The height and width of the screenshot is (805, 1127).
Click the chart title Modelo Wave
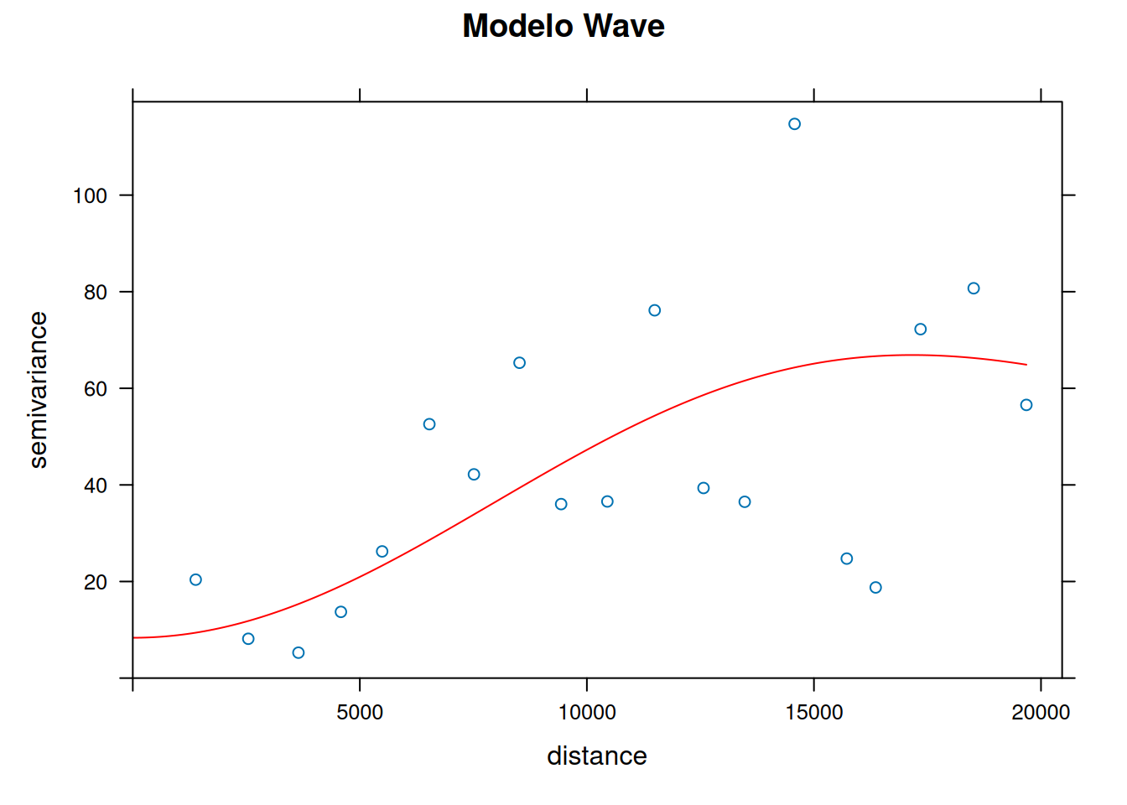tap(563, 26)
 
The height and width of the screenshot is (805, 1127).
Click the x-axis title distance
tap(596, 756)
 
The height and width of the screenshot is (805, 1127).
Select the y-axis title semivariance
tap(38, 390)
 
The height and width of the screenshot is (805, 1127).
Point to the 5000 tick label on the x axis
tap(359, 713)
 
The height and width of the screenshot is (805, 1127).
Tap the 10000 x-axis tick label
tap(586, 713)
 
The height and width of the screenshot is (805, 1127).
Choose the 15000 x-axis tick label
tap(813, 713)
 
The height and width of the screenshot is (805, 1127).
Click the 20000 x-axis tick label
tap(1041, 713)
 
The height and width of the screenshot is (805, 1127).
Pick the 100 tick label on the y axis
tap(90, 195)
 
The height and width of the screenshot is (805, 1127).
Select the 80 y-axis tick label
tap(96, 292)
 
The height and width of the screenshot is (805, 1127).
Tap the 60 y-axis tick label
tap(96, 388)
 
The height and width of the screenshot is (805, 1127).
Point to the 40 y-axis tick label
tap(96, 485)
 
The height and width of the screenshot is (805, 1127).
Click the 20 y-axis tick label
tap(96, 582)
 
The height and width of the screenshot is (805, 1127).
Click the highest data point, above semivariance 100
tap(794, 124)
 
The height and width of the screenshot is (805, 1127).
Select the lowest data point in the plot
tap(299, 652)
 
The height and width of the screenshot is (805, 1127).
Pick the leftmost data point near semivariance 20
tap(195, 579)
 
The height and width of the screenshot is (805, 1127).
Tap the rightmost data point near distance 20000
tap(1026, 405)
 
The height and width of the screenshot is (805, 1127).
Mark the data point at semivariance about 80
tap(974, 288)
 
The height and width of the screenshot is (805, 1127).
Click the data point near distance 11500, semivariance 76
tap(655, 310)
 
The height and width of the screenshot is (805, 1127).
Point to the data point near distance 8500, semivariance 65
tap(519, 363)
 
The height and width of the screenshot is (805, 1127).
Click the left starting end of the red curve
tap(134, 638)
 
